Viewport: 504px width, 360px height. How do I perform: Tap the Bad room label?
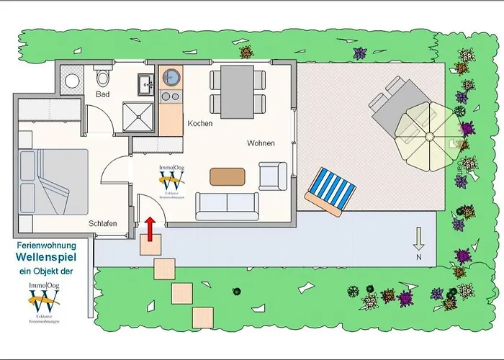(x=103, y=94)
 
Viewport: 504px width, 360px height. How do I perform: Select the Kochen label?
(x=199, y=124)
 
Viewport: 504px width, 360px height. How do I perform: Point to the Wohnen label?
(x=261, y=143)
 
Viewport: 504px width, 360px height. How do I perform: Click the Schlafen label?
(x=103, y=224)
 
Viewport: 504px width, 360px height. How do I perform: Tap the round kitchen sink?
(x=171, y=76)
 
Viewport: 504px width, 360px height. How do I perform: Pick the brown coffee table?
(x=227, y=176)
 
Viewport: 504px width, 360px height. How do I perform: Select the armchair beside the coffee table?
(x=273, y=175)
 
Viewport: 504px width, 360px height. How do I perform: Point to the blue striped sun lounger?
(x=330, y=190)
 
